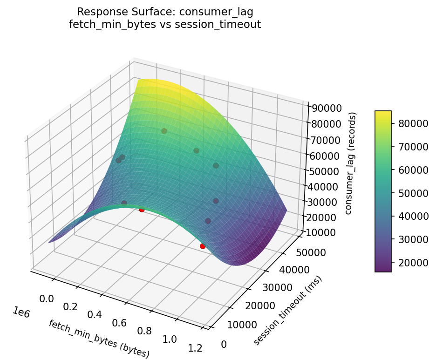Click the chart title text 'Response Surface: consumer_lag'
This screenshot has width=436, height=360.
(x=164, y=12)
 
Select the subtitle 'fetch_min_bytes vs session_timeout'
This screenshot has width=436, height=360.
(x=164, y=25)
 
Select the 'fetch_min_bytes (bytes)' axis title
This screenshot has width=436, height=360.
(x=99, y=339)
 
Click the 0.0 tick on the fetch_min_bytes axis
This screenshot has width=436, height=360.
(x=46, y=298)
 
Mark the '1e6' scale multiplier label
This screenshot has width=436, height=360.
(x=20, y=313)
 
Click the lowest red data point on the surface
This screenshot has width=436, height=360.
(x=203, y=246)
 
